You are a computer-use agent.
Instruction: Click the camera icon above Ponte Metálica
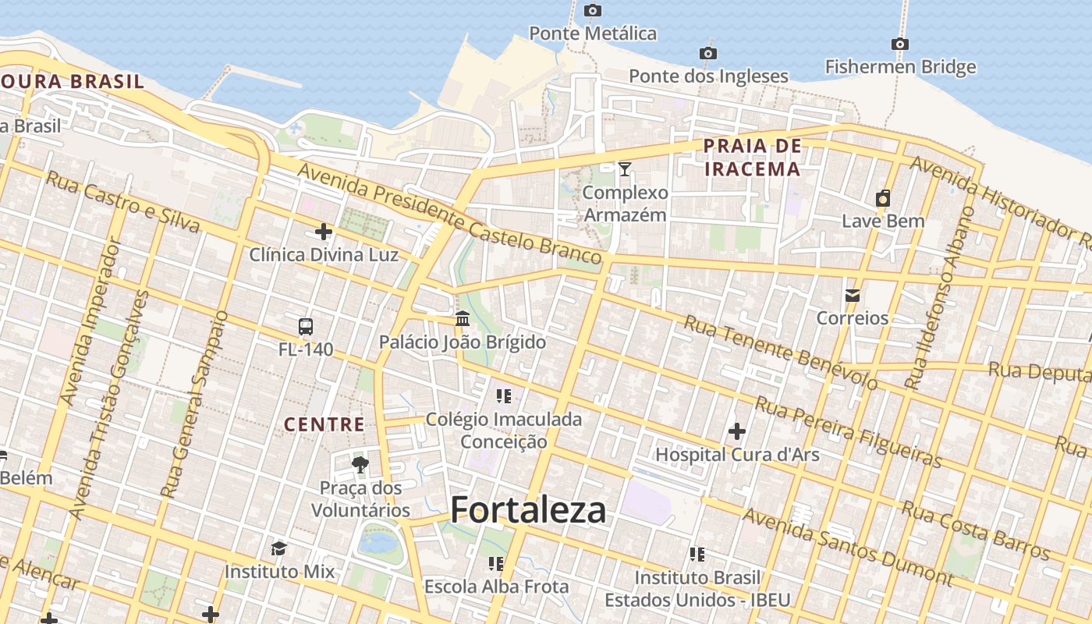pos(593,10)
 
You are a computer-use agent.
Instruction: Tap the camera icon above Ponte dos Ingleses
pos(708,53)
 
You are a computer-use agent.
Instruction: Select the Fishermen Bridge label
pos(900,67)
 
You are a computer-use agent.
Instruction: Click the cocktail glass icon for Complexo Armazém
pos(624,168)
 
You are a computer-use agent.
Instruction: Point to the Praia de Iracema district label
pos(752,157)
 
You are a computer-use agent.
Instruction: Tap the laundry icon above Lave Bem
pos(883,198)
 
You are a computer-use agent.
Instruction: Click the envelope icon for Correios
pos(852,295)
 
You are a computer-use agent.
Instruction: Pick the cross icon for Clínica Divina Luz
pos(324,232)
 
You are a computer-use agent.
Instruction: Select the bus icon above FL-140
pos(306,326)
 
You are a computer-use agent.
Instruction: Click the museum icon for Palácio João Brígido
pos(463,319)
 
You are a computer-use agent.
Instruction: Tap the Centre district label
pos(324,424)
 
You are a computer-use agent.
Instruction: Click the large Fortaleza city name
pos(528,510)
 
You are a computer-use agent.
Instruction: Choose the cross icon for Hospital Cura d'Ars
pos(736,431)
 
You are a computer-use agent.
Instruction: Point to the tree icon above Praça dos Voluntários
pos(360,466)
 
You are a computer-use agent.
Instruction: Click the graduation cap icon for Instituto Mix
pos(278,548)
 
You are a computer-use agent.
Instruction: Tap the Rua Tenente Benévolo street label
pos(781,353)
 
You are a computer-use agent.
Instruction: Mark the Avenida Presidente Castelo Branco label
pos(449,213)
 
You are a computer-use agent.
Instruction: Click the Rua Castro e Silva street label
pos(122,201)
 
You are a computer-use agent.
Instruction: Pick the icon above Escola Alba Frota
pos(496,563)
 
